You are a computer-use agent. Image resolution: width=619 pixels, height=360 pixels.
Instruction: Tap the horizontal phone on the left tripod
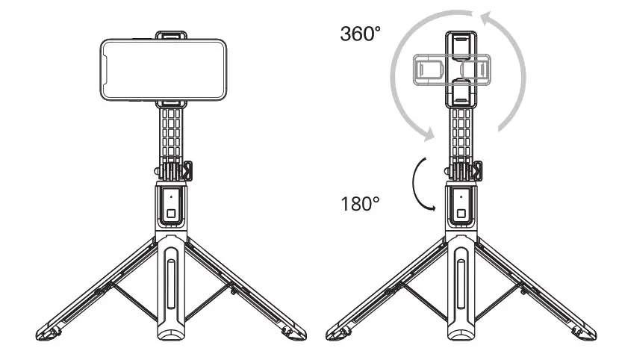[162, 69]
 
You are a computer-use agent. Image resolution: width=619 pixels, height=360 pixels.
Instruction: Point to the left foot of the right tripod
[335, 331]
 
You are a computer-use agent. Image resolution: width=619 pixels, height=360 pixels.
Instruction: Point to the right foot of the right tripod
[585, 331]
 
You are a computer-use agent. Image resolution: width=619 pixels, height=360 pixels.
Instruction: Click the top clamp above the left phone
[172, 34]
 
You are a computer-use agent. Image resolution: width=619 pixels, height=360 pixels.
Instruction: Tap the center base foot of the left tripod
[172, 336]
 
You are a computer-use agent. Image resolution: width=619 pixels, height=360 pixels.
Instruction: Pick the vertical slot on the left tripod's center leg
[172, 284]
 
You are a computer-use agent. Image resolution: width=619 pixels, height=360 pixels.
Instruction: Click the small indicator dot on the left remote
[172, 197]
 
